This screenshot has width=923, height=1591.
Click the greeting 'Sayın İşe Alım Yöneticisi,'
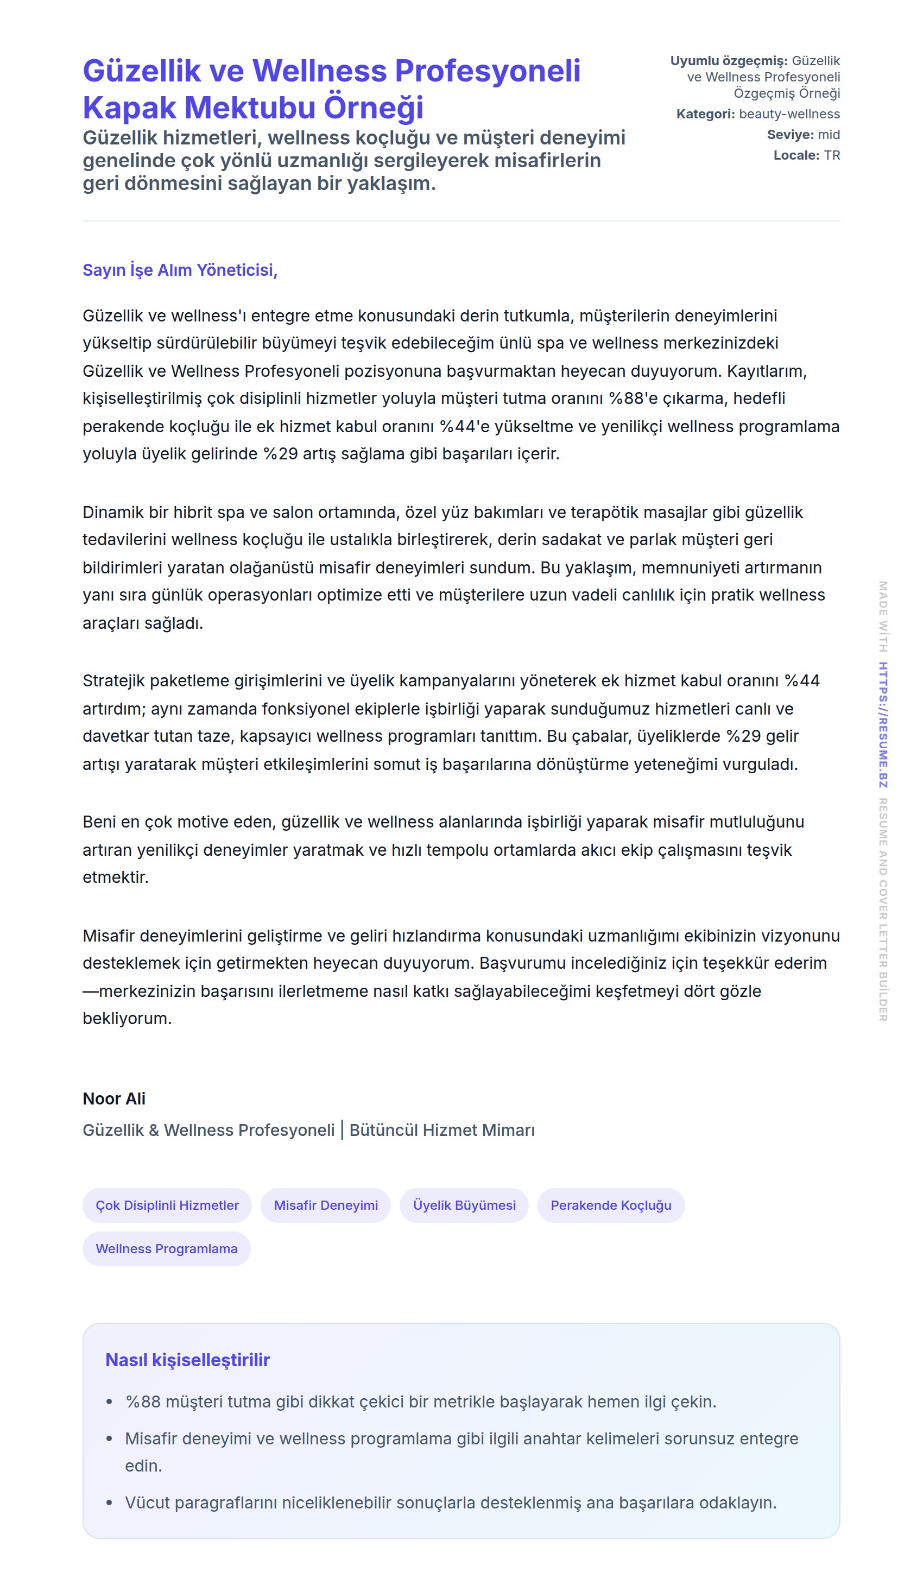(x=180, y=270)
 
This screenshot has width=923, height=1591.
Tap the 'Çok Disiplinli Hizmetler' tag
(x=167, y=1205)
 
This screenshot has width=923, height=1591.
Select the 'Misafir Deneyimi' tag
(x=326, y=1205)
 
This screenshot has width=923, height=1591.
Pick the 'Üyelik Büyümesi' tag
(x=464, y=1205)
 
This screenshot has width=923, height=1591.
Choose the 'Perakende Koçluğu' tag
(x=610, y=1205)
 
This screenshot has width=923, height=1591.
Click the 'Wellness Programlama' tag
(x=167, y=1249)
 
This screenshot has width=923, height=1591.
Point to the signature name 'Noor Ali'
(x=114, y=1099)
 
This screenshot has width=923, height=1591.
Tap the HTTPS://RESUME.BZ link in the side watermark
(x=883, y=725)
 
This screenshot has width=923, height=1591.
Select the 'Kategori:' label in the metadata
(x=705, y=114)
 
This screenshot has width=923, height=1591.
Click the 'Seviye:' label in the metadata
(x=790, y=135)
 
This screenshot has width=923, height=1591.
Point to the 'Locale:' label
(x=796, y=156)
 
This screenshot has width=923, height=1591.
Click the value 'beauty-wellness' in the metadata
(x=789, y=114)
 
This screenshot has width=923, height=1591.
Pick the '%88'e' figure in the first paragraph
(x=633, y=399)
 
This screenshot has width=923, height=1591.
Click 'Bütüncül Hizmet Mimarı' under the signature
(x=442, y=1131)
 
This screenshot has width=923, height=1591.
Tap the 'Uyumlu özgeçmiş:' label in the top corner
(x=729, y=61)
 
